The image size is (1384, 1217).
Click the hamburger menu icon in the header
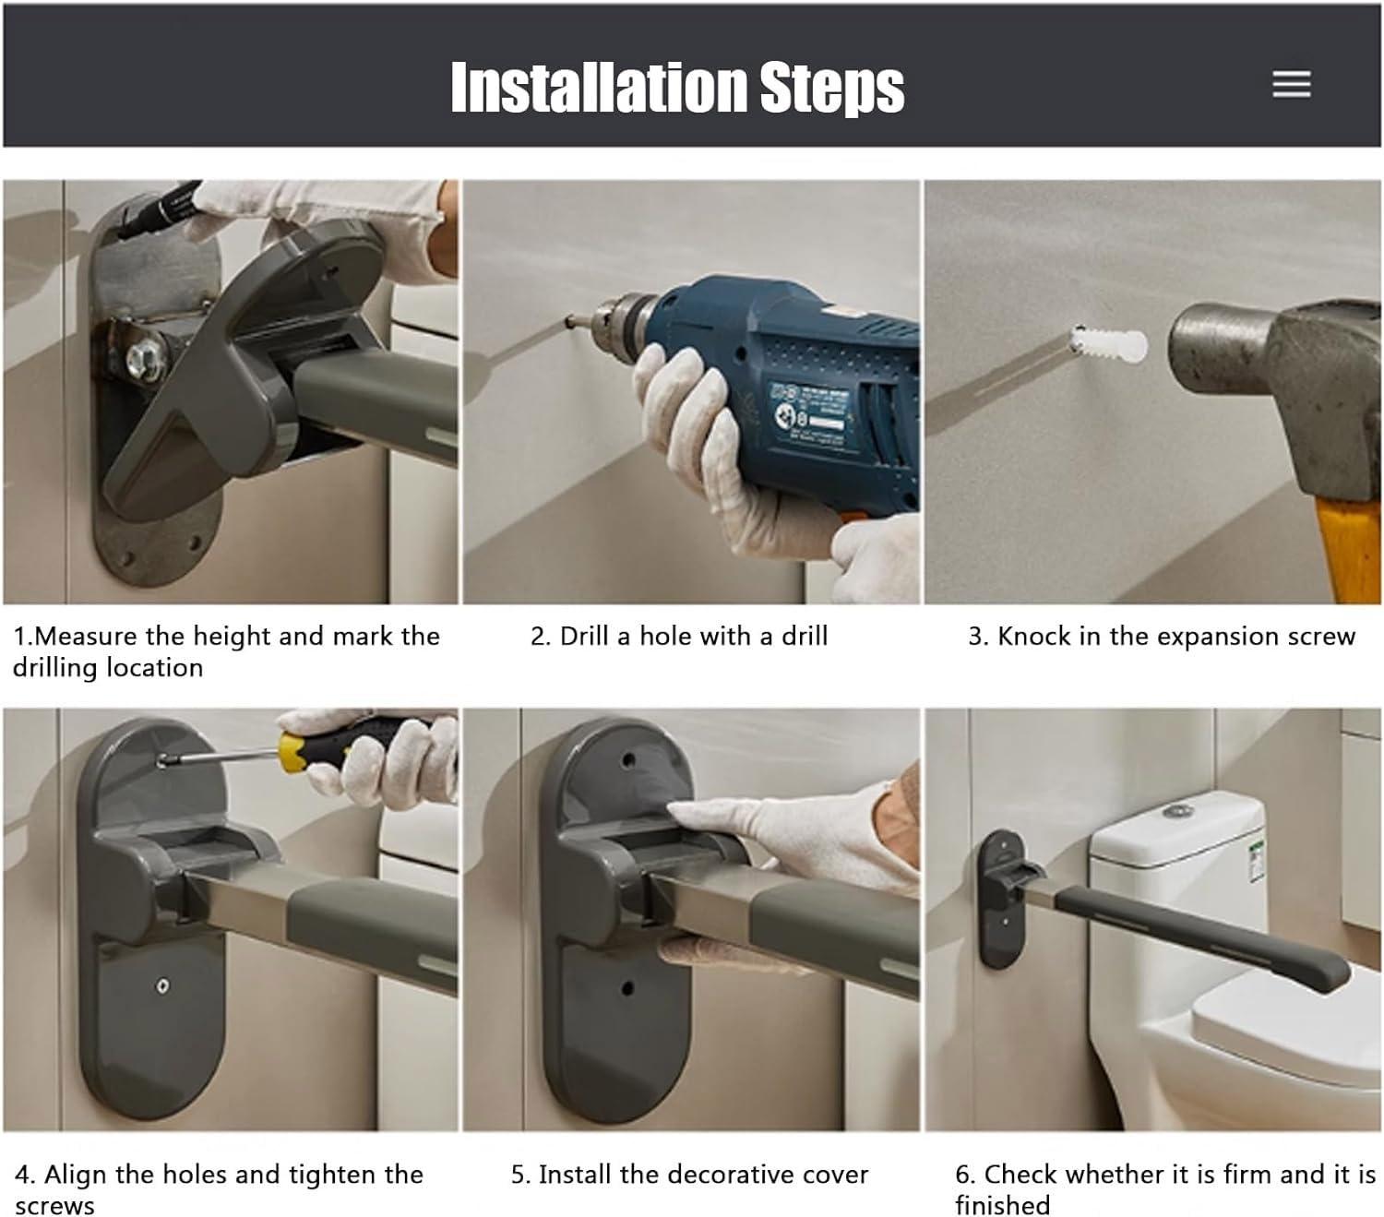click(x=1291, y=84)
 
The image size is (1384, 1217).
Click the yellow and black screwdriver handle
click(x=323, y=746)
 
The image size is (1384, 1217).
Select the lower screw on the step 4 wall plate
click(x=162, y=986)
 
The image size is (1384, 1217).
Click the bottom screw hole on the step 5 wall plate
click(x=628, y=988)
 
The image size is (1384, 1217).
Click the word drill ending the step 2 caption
click(x=805, y=636)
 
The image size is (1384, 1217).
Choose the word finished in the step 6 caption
click(x=1002, y=1205)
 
